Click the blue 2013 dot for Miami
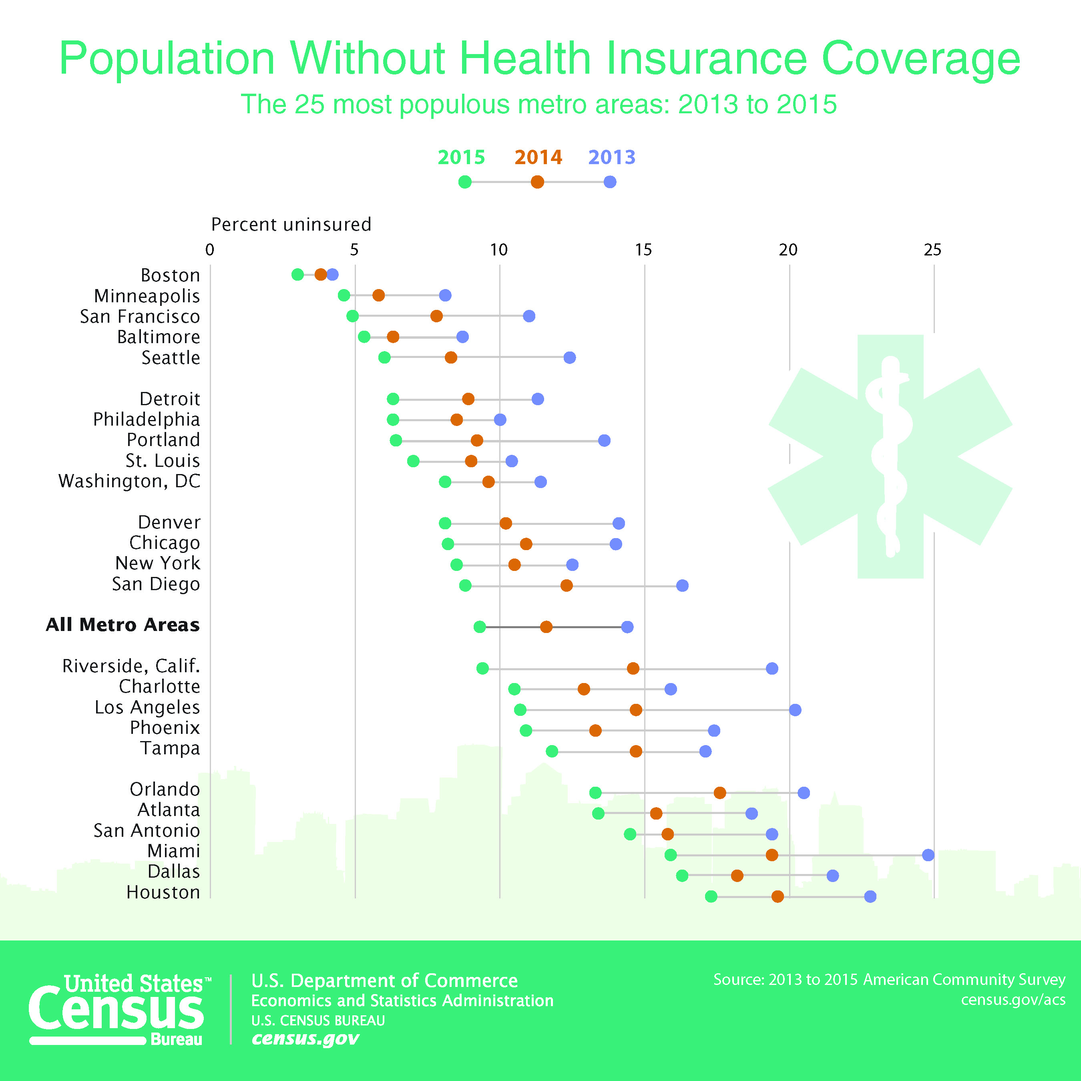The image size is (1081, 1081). pyautogui.click(x=928, y=855)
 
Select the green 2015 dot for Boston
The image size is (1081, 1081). pyautogui.click(x=297, y=275)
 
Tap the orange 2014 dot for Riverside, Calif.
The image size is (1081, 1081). pyautogui.click(x=633, y=668)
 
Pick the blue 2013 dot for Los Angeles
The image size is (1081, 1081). pyautogui.click(x=795, y=709)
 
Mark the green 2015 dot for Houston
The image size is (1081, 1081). pyautogui.click(x=711, y=896)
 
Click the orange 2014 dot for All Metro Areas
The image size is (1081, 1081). pyautogui.click(x=546, y=627)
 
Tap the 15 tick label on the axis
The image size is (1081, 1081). pyautogui.click(x=643, y=249)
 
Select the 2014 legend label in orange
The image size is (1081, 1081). pyautogui.click(x=538, y=157)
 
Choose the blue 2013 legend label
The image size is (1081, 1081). pyautogui.click(x=611, y=157)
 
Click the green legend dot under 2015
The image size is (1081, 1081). pyautogui.click(x=464, y=182)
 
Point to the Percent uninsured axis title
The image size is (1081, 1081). pyautogui.click(x=291, y=224)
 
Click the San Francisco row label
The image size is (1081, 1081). pyautogui.click(x=140, y=317)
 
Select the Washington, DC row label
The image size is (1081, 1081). pyautogui.click(x=129, y=481)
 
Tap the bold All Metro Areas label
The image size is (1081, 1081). pyautogui.click(x=123, y=625)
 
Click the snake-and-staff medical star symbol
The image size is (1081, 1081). pyautogui.click(x=890, y=456)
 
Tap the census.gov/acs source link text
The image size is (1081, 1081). pyautogui.click(x=1013, y=999)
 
